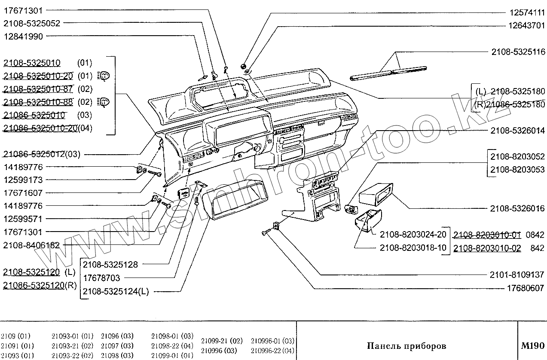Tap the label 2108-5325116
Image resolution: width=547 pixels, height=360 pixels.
[x=518, y=52]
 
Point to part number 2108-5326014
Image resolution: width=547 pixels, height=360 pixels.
[x=517, y=130]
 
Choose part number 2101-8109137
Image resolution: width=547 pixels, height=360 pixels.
[x=517, y=275]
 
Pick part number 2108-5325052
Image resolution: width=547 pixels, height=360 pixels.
[x=32, y=23]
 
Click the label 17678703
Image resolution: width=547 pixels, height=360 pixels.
[x=102, y=278]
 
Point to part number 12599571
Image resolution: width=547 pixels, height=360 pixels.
[x=23, y=219]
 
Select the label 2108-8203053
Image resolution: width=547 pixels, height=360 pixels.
[x=517, y=169]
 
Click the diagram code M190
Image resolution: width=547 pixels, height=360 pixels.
[x=532, y=346]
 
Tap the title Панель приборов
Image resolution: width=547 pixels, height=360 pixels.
[x=406, y=346]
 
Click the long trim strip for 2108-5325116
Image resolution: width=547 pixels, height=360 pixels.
[x=389, y=73]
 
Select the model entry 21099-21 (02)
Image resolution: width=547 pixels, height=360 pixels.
[x=222, y=341]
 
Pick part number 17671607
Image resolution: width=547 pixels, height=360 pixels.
[x=23, y=193]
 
